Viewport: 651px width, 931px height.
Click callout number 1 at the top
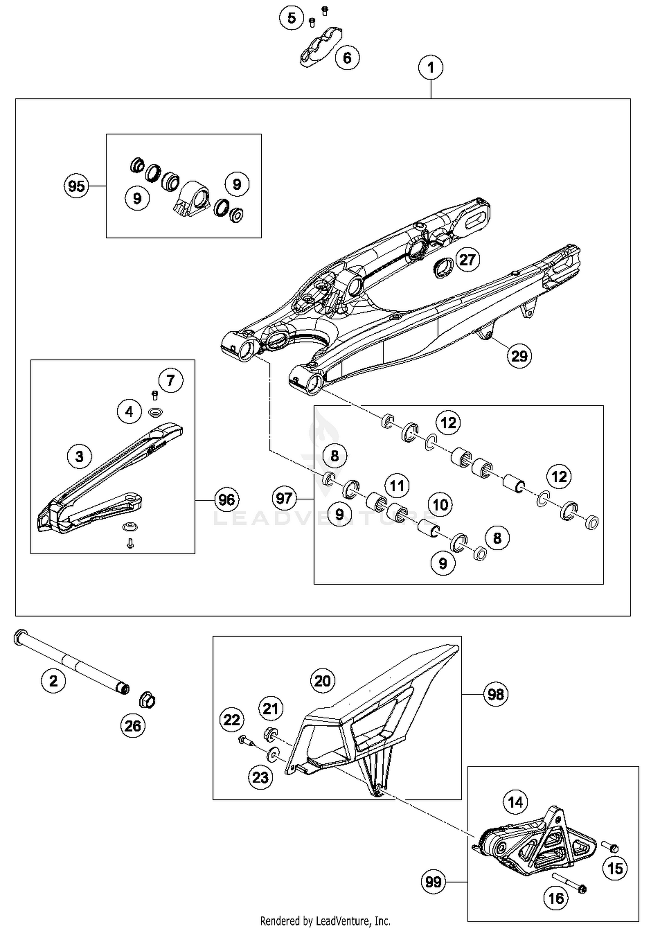point(430,68)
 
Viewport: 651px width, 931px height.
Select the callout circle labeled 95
point(76,186)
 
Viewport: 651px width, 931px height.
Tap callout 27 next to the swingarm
point(467,260)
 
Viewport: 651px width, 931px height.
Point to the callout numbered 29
point(519,356)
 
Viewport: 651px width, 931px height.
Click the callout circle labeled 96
point(227,500)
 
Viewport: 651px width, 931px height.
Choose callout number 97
point(284,498)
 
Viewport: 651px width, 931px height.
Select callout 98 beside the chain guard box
point(495,694)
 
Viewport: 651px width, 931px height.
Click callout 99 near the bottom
point(433,882)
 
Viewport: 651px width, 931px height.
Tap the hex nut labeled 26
point(147,700)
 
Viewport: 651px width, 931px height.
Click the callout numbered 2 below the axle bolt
point(53,681)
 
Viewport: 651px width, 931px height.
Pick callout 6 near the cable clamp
point(347,58)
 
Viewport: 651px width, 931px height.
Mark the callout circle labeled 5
point(291,18)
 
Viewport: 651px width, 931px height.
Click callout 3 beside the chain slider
point(79,456)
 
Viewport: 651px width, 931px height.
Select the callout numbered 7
point(171,380)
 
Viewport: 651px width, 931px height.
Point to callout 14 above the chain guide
point(515,802)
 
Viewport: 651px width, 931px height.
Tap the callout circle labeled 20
point(322,681)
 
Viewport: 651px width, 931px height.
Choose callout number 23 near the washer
point(260,777)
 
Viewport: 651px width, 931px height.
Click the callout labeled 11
point(397,485)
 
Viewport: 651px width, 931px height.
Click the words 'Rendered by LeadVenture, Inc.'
point(325,921)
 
